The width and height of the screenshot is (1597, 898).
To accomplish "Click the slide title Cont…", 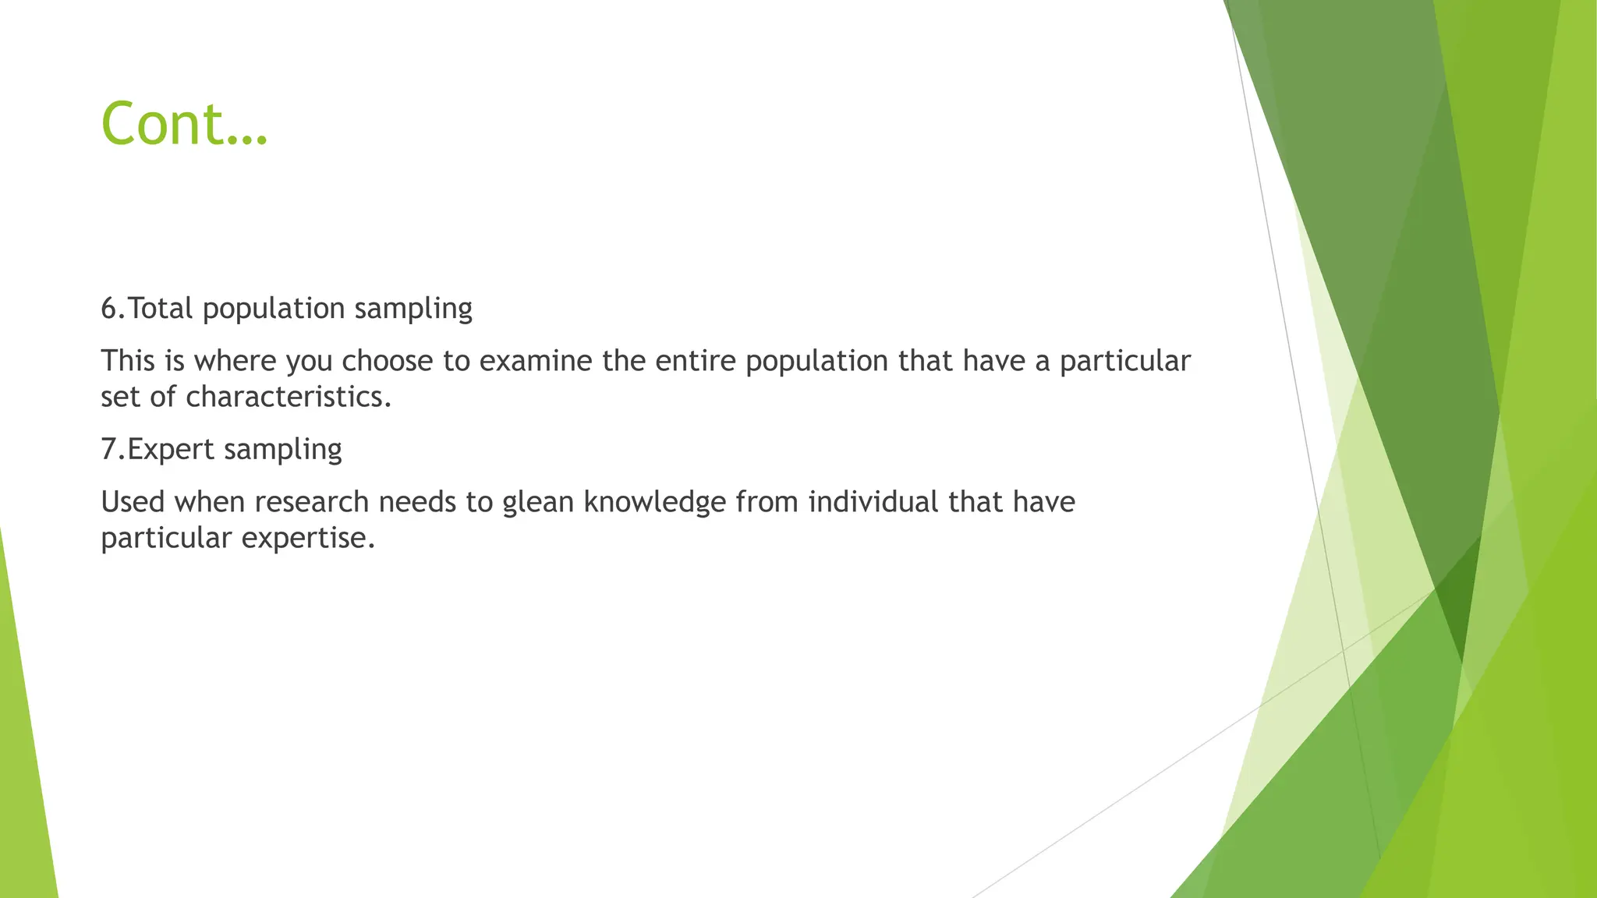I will coord(184,124).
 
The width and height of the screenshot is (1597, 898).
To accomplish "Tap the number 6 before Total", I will coord(109,309).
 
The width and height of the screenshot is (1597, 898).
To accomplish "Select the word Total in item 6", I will coord(160,309).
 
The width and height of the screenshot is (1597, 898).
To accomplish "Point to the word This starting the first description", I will coord(128,361).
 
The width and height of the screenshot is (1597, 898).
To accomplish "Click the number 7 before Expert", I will coord(109,450).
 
